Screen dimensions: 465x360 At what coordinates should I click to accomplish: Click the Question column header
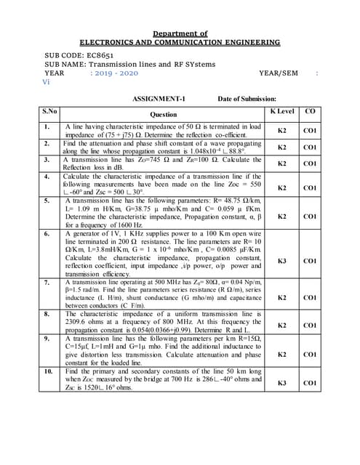point(163,114)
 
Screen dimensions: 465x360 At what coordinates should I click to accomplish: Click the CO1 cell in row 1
point(310,131)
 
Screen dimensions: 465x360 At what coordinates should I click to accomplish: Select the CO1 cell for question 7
point(310,297)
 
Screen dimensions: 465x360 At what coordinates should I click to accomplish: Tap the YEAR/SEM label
point(279,73)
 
